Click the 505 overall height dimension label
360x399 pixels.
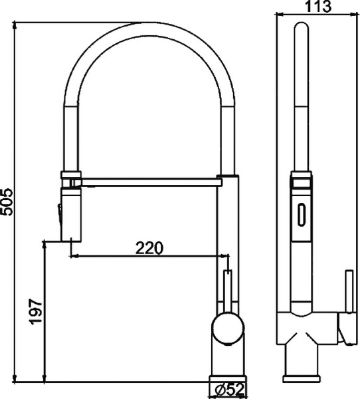click(7, 200)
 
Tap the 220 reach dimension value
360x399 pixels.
click(149, 248)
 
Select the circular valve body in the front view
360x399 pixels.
click(228, 329)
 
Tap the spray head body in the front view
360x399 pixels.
click(71, 214)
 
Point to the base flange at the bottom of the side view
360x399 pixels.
click(302, 378)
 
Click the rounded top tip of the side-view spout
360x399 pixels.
click(301, 27)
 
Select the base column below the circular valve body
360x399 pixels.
click(227, 362)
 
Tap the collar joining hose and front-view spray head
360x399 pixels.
click(71, 178)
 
